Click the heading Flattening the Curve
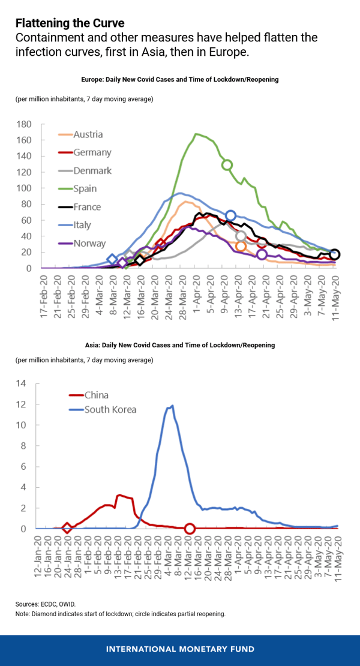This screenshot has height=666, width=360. click(70, 23)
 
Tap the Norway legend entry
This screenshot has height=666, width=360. click(89, 243)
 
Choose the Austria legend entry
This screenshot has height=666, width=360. click(88, 134)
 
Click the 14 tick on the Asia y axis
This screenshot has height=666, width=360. click(22, 383)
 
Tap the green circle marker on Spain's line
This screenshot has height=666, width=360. click(227, 165)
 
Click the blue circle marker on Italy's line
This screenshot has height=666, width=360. click(230, 216)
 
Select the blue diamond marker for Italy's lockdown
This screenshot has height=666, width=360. click(112, 260)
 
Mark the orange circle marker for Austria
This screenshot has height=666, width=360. click(241, 246)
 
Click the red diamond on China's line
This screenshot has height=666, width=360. click(67, 528)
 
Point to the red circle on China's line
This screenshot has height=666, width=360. click(190, 529)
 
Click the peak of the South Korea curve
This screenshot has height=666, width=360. click(172, 406)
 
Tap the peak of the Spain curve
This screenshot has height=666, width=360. click(196, 134)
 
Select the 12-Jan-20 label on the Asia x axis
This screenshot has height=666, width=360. click(38, 558)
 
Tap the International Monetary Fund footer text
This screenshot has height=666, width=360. click(179, 649)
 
